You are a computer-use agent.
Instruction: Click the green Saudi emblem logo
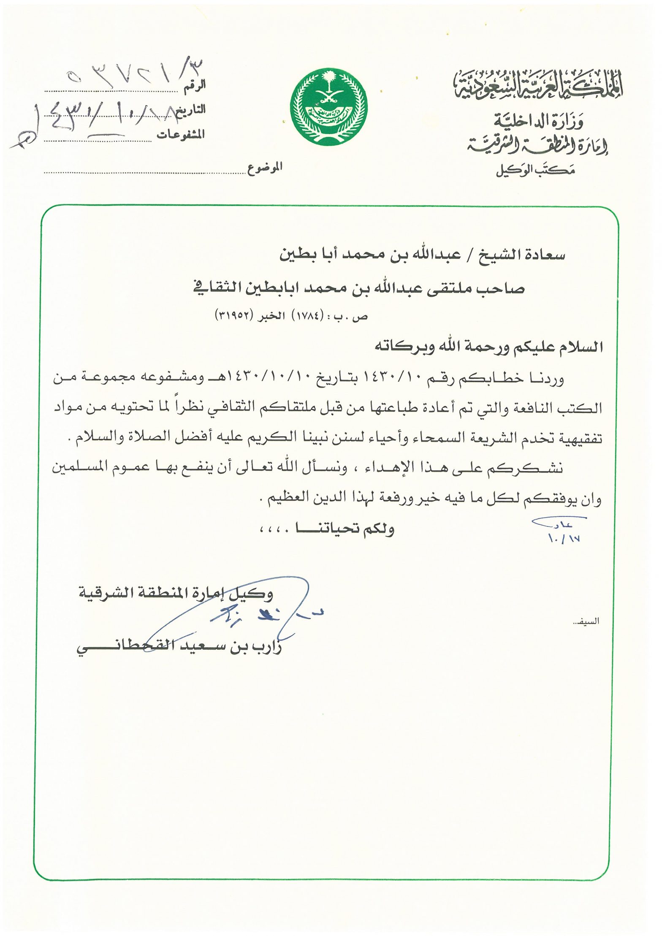click(328, 107)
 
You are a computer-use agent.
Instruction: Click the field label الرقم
click(195, 85)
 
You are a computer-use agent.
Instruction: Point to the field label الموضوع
click(265, 168)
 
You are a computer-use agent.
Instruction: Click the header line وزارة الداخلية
click(539, 122)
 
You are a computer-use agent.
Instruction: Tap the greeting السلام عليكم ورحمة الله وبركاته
click(488, 347)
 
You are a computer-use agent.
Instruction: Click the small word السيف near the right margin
click(589, 621)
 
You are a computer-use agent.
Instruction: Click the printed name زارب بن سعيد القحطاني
click(179, 647)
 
